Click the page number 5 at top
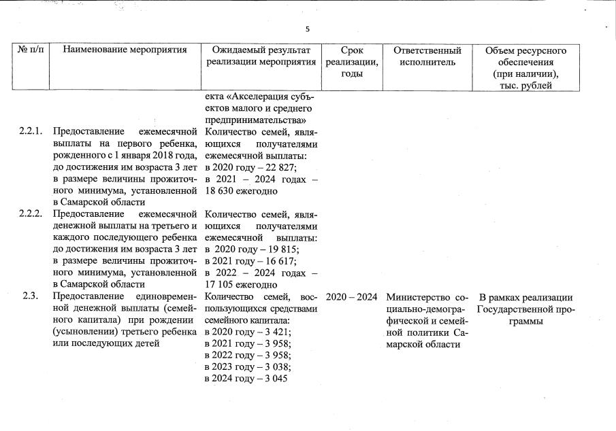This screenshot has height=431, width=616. [x=308, y=29]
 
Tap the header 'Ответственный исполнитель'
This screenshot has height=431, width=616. [x=427, y=56]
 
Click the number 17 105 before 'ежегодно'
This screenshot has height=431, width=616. [x=220, y=285]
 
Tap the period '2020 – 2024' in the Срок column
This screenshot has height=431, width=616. [x=351, y=297]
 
